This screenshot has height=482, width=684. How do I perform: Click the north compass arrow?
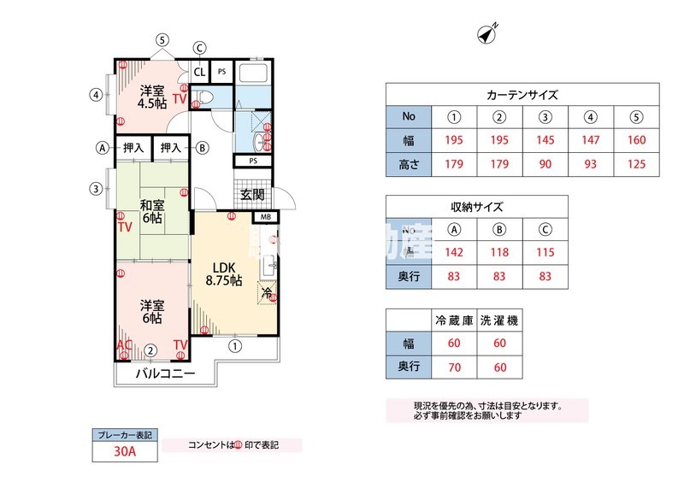coord(488,34)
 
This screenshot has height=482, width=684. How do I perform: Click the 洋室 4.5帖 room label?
coord(152,97)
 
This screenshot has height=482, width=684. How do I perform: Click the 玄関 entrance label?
coord(252,195)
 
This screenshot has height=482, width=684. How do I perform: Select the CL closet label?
coord(199,72)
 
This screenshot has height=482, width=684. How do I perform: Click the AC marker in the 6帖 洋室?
coord(125,345)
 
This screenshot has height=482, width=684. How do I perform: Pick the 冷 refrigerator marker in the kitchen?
coord(267,294)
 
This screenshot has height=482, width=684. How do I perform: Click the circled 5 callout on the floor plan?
coord(162,39)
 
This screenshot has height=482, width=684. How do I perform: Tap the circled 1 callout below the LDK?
coord(234,346)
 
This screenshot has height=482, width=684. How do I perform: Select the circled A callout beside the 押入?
coord(103,148)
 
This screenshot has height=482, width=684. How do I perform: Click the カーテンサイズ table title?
coord(522,95)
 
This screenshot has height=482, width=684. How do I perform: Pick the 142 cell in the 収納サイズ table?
coord(455,252)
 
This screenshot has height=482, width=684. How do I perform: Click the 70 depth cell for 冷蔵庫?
coord(454,367)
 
